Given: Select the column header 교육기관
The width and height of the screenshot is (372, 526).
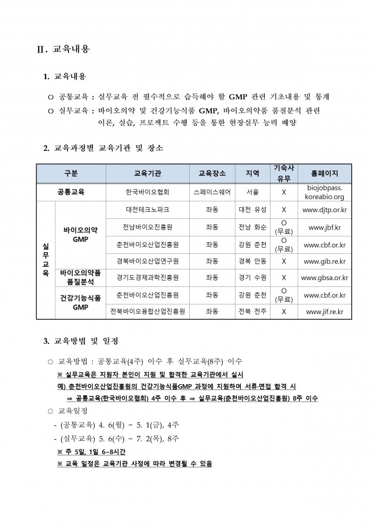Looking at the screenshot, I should click(148, 173).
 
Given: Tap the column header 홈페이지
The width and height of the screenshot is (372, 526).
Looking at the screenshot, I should click(324, 173).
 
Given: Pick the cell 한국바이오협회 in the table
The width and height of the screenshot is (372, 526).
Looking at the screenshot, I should click(148, 192).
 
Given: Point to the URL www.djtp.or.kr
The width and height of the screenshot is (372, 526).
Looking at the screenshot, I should click(324, 210).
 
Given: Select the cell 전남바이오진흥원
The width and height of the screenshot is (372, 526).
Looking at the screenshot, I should click(148, 227).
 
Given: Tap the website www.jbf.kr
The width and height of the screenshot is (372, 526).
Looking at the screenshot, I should click(324, 227).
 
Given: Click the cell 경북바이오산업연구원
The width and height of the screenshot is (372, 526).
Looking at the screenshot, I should click(148, 261).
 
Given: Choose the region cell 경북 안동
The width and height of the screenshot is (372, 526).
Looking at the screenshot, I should click(253, 261).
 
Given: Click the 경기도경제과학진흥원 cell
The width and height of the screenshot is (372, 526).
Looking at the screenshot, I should click(148, 277).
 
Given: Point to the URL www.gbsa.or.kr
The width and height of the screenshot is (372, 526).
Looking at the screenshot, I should click(324, 277).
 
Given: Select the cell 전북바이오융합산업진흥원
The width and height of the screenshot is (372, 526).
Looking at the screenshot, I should click(148, 311).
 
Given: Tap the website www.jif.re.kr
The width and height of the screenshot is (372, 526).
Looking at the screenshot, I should click(324, 311).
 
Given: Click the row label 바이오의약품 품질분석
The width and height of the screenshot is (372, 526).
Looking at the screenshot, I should click(80, 277).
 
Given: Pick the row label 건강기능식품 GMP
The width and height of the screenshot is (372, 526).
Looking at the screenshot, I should click(80, 303).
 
